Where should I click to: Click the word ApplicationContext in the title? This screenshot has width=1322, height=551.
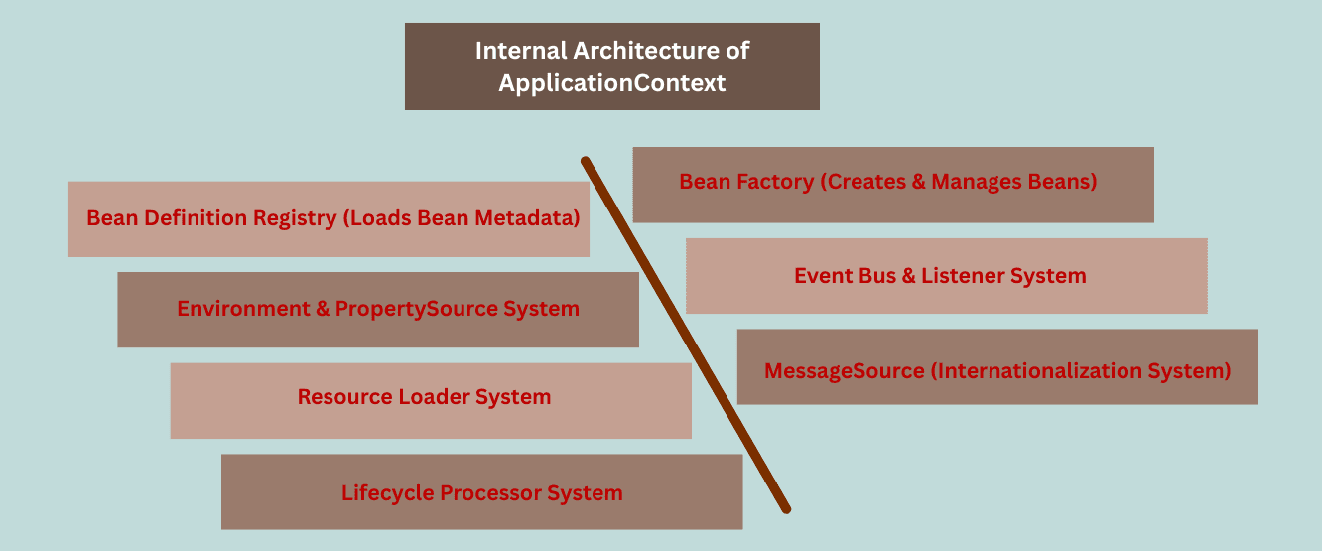[x=612, y=83]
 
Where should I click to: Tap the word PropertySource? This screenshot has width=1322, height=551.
[x=417, y=309]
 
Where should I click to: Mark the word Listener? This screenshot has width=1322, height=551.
[x=961, y=276]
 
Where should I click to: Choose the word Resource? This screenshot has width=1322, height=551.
[x=344, y=398]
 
